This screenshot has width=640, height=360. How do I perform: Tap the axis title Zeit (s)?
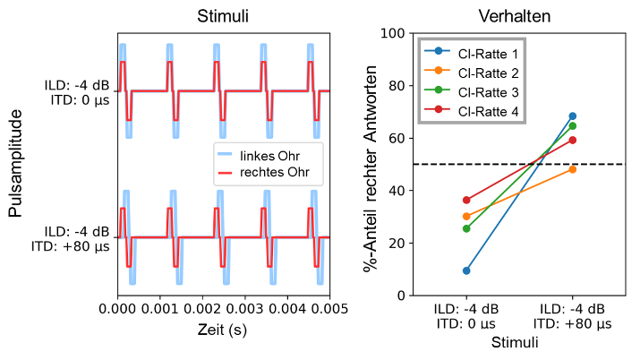coord(222,330)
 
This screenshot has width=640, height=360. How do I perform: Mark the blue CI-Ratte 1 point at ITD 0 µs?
coord(466,270)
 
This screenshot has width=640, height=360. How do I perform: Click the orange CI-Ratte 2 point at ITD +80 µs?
coord(572,169)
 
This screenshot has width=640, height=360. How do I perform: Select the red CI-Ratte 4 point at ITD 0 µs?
coord(466,200)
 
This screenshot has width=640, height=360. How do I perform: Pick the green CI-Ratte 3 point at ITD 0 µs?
coord(466,228)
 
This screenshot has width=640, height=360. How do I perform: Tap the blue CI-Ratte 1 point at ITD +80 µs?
coord(572,116)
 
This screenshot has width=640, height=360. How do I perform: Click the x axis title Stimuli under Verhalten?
coord(519,342)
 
